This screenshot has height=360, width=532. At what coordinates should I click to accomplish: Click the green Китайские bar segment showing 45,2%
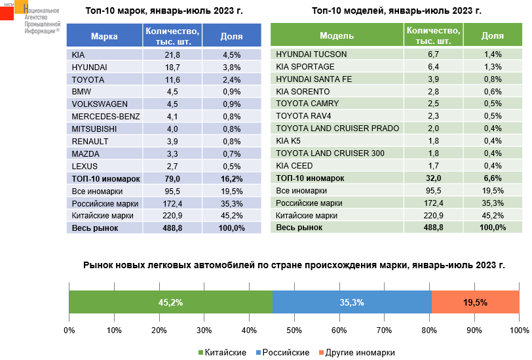170,302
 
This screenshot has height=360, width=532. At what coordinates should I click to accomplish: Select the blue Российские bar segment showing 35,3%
352,302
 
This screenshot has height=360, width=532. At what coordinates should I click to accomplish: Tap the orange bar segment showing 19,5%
475,302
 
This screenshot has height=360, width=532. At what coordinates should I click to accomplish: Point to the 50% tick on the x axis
294,329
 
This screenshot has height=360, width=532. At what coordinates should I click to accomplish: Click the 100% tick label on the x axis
518,329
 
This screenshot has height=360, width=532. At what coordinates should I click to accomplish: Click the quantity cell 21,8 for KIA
172,54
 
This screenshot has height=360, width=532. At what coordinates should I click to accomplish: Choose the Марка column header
104,36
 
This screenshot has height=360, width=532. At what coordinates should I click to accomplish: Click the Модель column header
337,35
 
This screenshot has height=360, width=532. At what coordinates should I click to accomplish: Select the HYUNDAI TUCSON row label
311,54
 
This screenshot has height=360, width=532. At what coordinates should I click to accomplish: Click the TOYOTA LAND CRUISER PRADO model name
337,129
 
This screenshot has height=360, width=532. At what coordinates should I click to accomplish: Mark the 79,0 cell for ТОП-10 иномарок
172,178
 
